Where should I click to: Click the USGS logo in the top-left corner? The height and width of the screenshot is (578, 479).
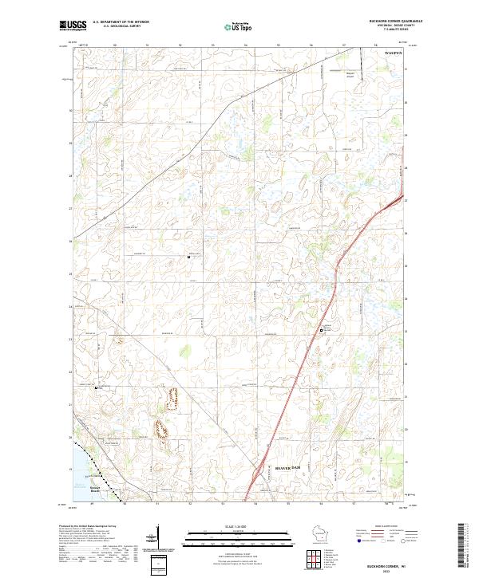coord(73,26)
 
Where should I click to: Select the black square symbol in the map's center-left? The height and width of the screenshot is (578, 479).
coord(188,257)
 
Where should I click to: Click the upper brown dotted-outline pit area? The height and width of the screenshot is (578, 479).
coord(171,395)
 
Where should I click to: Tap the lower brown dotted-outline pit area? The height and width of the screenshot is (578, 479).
coord(160,429)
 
